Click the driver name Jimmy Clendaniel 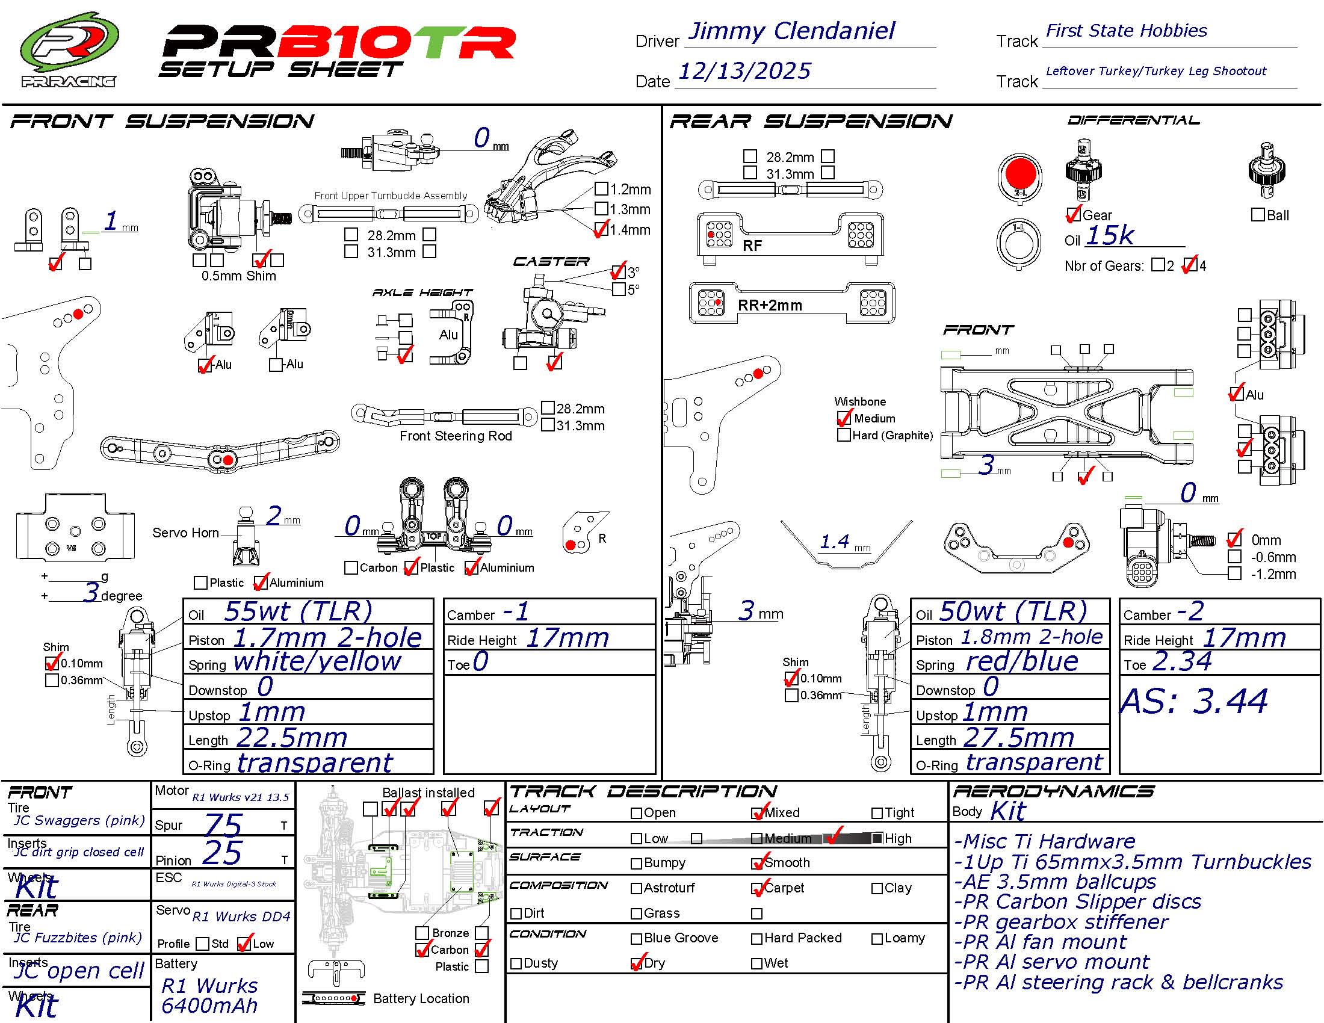(x=791, y=31)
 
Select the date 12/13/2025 (x=744, y=72)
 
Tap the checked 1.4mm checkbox (x=601, y=229)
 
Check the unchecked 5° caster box (x=619, y=289)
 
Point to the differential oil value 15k (x=1109, y=236)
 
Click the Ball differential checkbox (x=1258, y=215)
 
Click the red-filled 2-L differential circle (x=1019, y=175)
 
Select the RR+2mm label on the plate (x=769, y=305)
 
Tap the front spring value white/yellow (x=317, y=662)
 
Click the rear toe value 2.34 (x=1181, y=661)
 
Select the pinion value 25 (x=222, y=853)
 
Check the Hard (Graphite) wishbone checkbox (x=844, y=435)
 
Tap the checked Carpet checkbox (x=757, y=888)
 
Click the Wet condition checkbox (x=756, y=963)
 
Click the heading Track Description (x=643, y=791)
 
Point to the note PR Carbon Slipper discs (x=1077, y=902)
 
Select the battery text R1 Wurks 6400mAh (x=209, y=996)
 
